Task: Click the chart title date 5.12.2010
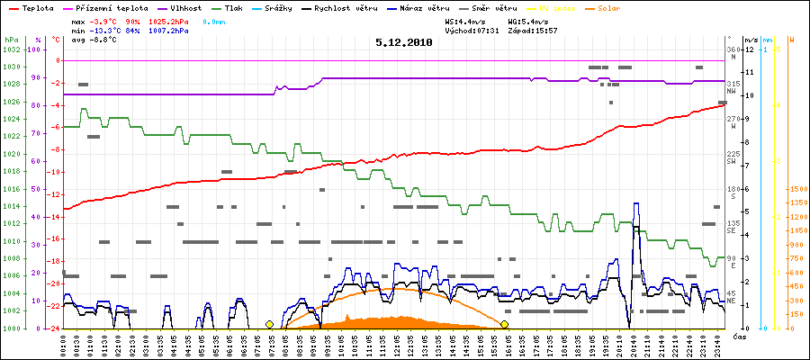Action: (404, 41)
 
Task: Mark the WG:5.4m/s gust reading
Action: (529, 19)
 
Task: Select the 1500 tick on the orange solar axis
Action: (796, 189)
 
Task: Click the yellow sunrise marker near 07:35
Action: (269, 324)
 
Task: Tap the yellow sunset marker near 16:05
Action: (505, 324)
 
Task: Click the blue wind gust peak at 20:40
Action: (636, 203)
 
